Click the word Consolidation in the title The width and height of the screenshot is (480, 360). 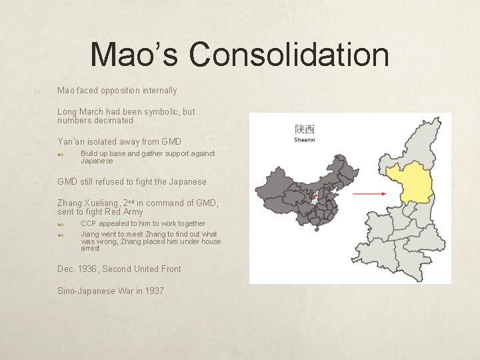[x=289, y=55]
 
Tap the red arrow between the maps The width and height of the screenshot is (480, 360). [x=369, y=193]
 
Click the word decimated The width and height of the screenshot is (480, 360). [x=115, y=121]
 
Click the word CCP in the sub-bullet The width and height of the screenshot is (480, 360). [x=89, y=223]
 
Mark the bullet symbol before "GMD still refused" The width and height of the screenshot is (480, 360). [x=38, y=182]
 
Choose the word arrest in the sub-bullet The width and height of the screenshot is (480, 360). [x=90, y=248]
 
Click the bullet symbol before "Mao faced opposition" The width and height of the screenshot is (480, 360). [x=38, y=91]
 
